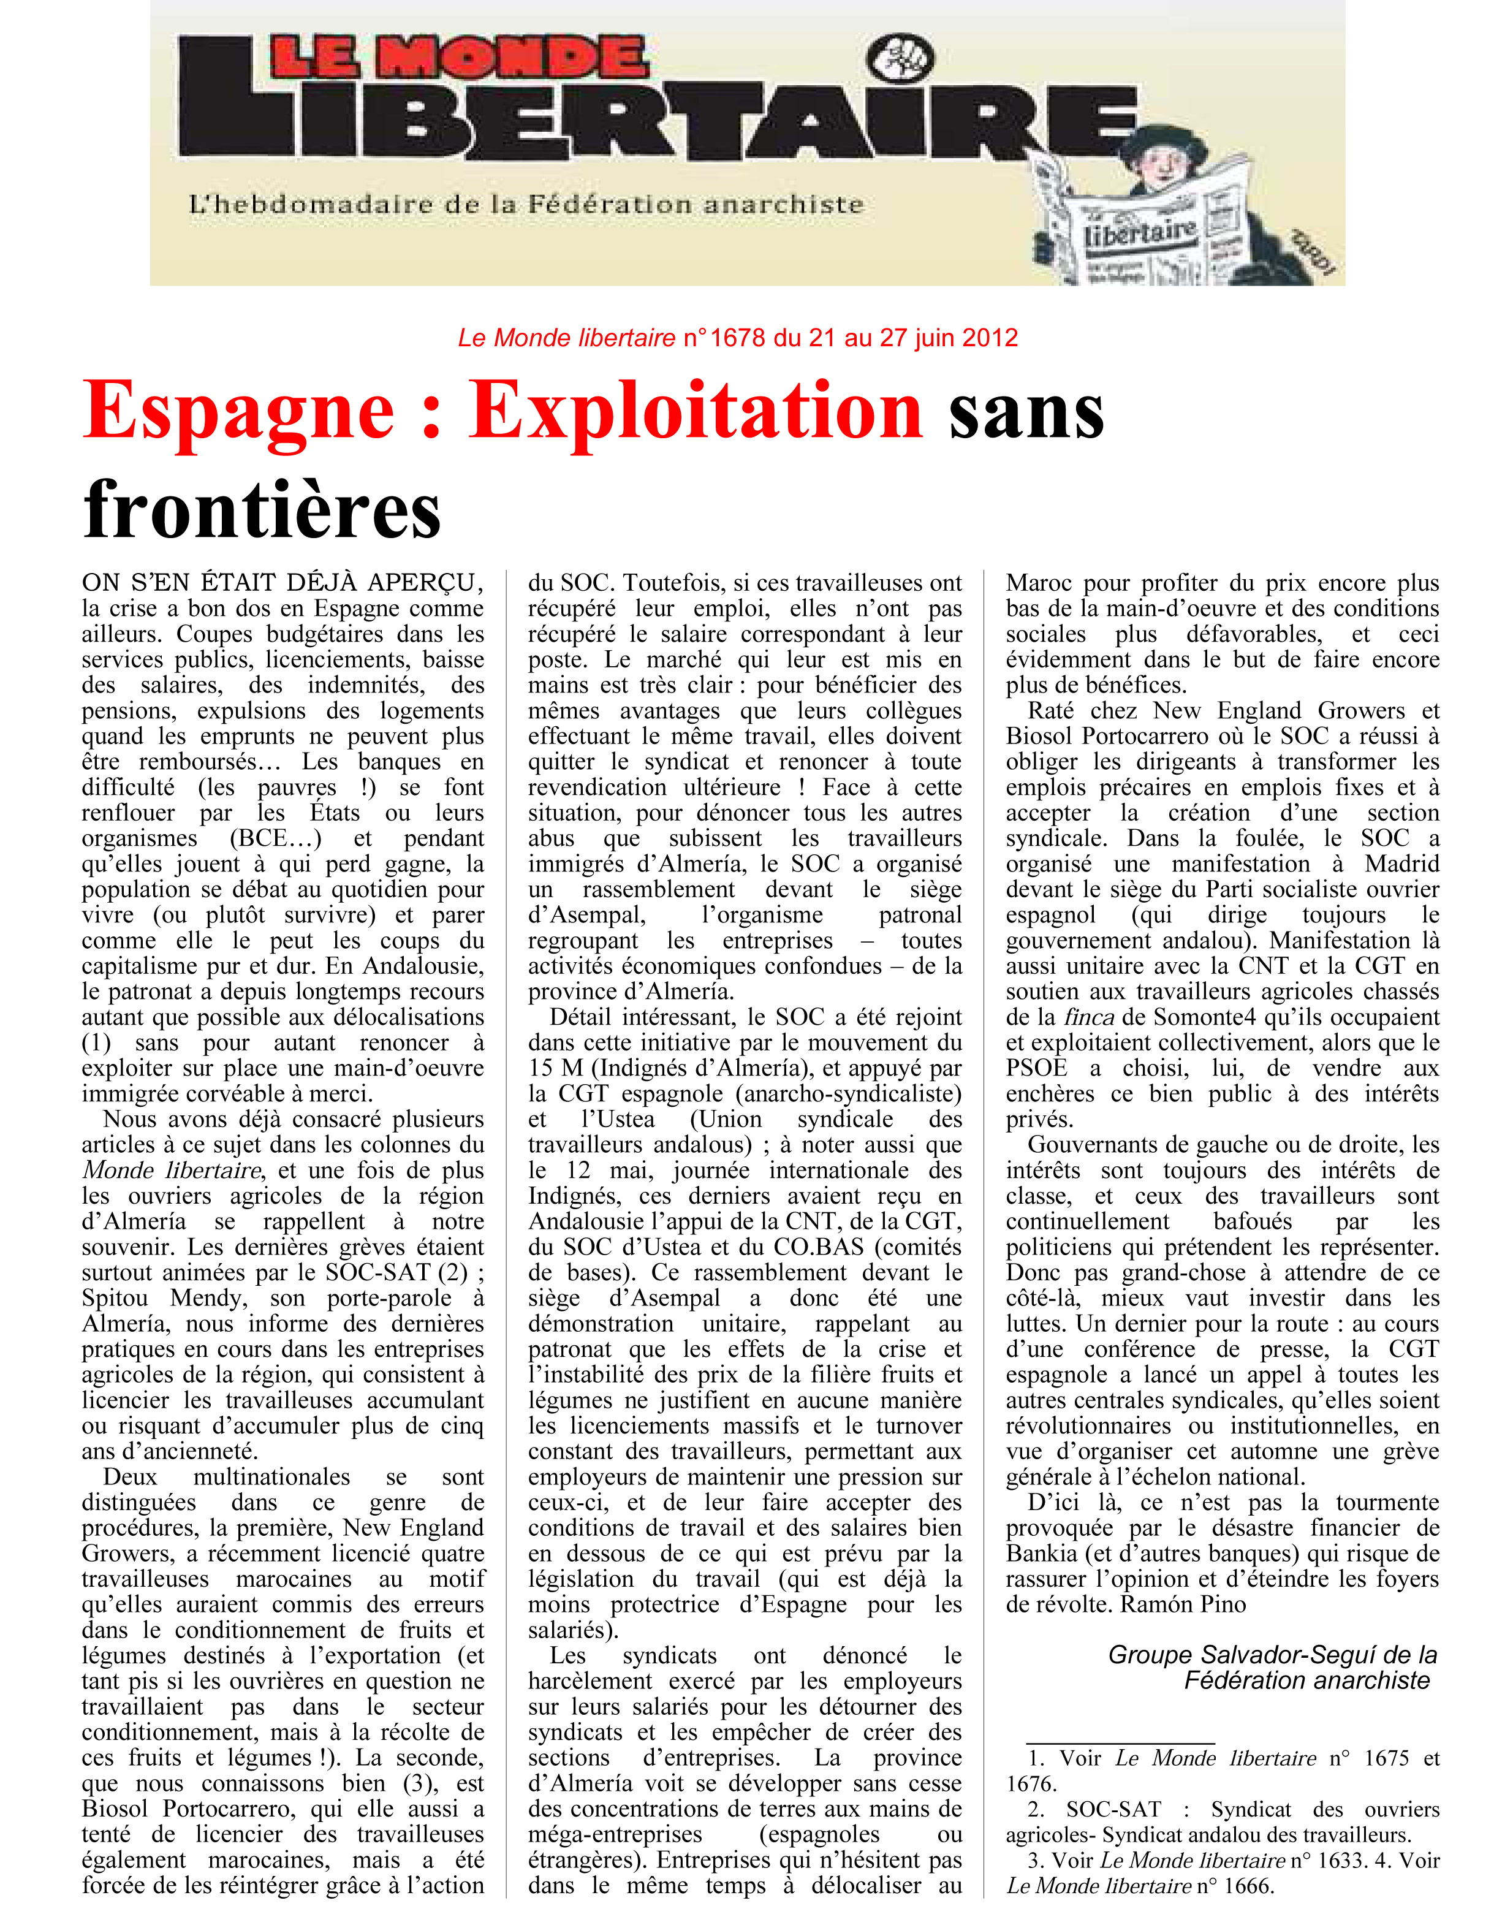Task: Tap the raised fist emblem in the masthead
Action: tap(899, 59)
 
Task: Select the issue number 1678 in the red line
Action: tap(737, 338)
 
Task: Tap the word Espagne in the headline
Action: tap(238, 411)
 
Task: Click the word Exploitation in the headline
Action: tap(696, 411)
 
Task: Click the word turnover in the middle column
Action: tap(920, 1426)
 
